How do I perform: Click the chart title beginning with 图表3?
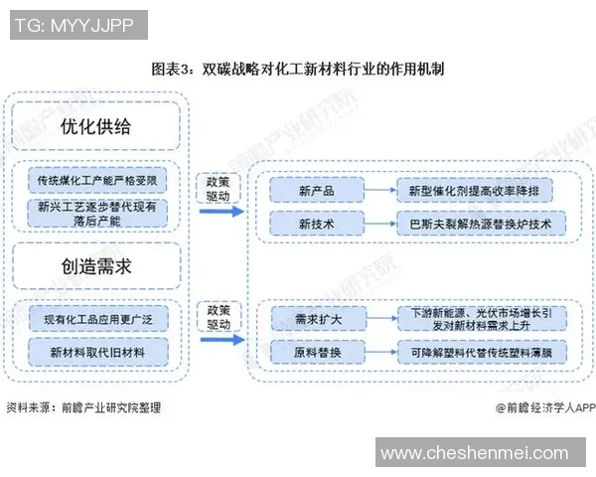(297, 70)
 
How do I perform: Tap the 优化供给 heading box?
(95, 127)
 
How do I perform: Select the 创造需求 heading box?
(95, 266)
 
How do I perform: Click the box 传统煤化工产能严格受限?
(95, 180)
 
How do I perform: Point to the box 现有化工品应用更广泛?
(95, 319)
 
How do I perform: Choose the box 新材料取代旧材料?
(95, 353)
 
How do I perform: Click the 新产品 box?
(315, 189)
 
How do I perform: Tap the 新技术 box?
(315, 224)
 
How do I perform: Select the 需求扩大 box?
(315, 318)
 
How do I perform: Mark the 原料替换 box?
(315, 353)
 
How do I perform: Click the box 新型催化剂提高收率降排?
(481, 189)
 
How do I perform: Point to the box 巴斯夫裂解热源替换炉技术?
(481, 224)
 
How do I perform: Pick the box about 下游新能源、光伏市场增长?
(481, 318)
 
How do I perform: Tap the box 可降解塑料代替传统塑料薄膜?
(481, 353)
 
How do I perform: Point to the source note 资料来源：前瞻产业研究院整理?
(83, 407)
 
